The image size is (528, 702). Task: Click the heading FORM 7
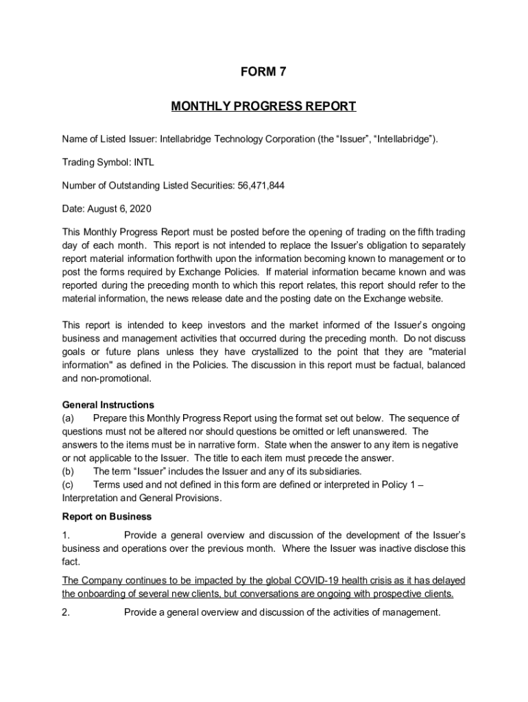coord(263,71)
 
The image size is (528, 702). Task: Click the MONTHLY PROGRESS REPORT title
coord(263,106)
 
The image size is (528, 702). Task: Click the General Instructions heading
coord(108,404)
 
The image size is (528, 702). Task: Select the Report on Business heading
coord(107,516)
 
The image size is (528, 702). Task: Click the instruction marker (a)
coord(69,418)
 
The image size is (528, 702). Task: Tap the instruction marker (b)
coord(69,472)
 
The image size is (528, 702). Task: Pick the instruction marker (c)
coord(69,485)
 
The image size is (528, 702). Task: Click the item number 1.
coord(66,535)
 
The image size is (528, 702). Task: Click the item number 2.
coord(66,613)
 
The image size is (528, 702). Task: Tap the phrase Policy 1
coord(389,485)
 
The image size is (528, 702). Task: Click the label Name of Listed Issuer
coord(108,140)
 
